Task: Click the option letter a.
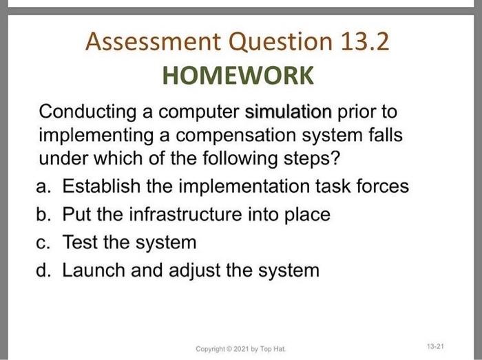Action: coord(43,186)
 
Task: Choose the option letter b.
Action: coord(43,214)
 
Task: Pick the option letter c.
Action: coord(43,242)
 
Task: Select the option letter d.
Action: coord(43,270)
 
